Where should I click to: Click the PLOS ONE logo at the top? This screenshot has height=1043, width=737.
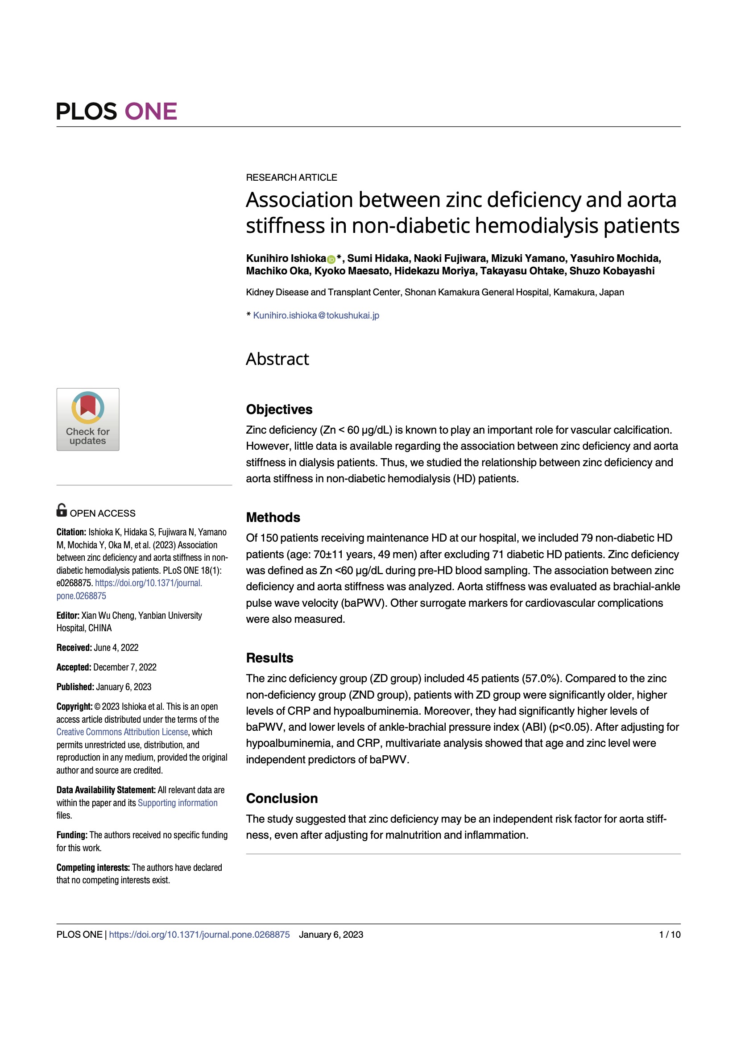click(x=116, y=112)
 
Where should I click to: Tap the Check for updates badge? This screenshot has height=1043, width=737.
click(x=88, y=419)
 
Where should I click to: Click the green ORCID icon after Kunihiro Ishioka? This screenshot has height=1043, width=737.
click(x=331, y=259)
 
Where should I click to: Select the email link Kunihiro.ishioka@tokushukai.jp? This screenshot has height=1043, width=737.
click(x=316, y=315)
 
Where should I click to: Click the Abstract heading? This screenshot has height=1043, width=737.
click(x=277, y=359)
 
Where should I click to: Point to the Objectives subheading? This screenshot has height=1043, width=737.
click(x=279, y=409)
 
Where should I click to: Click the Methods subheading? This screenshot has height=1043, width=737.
click(x=273, y=517)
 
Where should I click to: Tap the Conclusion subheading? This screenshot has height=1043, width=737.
click(x=282, y=798)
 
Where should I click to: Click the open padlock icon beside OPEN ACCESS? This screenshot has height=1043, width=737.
click(x=61, y=510)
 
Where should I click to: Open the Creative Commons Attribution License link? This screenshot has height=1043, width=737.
click(x=122, y=732)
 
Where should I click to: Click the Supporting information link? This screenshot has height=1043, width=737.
click(x=177, y=803)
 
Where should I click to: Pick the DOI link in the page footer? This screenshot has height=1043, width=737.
click(x=199, y=935)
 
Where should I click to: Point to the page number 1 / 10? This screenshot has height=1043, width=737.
click(x=669, y=935)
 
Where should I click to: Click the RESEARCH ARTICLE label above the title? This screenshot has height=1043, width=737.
click(x=291, y=178)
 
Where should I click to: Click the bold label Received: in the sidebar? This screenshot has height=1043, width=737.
click(x=74, y=647)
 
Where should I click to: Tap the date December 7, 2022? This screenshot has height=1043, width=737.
click(x=124, y=667)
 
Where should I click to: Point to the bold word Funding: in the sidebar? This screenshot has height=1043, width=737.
click(x=72, y=835)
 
